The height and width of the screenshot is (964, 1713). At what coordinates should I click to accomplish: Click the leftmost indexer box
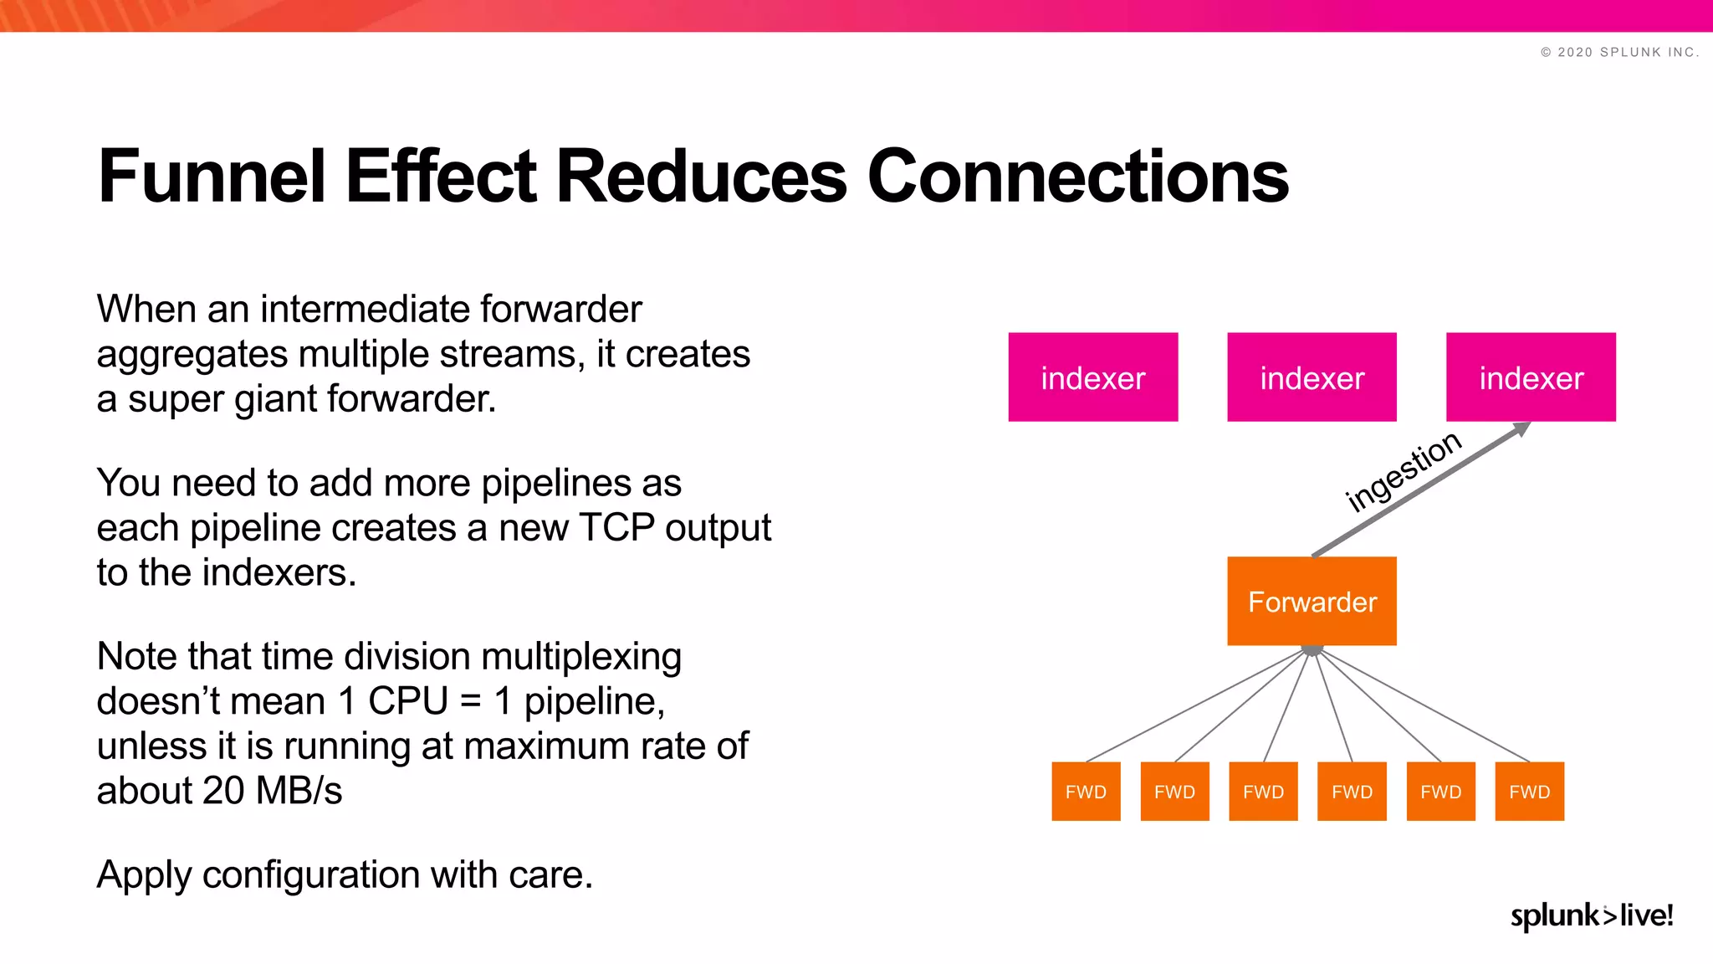tap(1092, 377)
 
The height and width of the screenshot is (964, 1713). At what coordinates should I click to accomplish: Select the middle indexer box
tap(1312, 377)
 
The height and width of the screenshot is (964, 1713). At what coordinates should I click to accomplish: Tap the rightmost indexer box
tap(1531, 377)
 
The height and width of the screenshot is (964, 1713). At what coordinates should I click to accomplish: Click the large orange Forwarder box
tap(1312, 601)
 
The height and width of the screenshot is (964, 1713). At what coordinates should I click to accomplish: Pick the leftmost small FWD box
tap(1086, 792)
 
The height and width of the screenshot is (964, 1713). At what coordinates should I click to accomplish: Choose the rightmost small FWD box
tap(1529, 792)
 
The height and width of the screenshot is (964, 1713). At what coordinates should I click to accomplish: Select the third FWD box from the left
tap(1263, 792)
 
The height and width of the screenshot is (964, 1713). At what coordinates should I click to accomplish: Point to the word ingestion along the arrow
tap(1403, 472)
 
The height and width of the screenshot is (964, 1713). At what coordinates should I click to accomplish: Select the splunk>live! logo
tap(1591, 915)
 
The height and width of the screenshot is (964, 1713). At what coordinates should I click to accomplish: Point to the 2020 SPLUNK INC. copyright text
tap(1619, 52)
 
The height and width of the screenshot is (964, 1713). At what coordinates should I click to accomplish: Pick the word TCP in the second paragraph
tap(616, 528)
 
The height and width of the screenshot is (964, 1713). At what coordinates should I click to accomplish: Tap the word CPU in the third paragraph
tap(407, 701)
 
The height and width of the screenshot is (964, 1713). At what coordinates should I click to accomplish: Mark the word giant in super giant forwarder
tap(274, 400)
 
